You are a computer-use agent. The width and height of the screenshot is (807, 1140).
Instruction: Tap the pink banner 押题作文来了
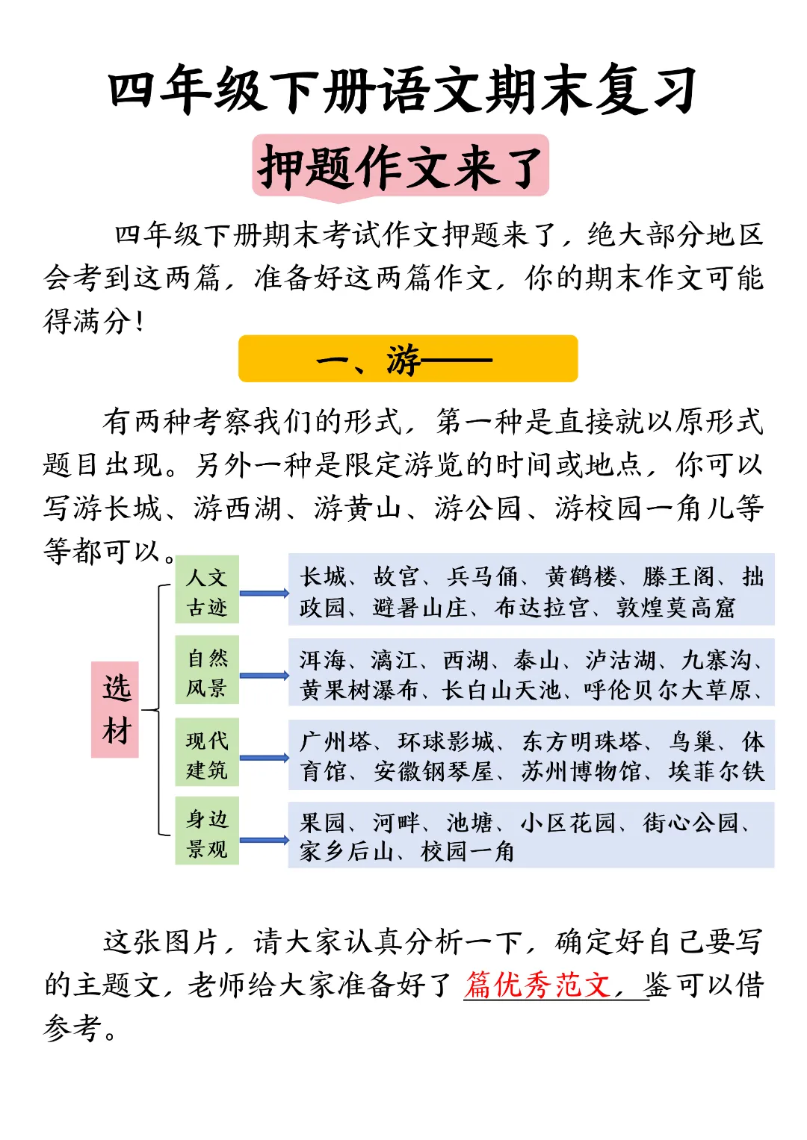[x=401, y=166]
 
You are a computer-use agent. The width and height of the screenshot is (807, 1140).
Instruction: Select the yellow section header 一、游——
[x=408, y=360]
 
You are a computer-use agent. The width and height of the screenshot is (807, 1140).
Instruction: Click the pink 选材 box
[x=116, y=709]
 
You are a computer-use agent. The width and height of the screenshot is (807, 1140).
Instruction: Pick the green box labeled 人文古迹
[x=207, y=591]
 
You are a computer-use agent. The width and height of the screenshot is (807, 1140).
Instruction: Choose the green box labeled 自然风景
[x=207, y=671]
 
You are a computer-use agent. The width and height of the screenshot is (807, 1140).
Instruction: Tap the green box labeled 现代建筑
[x=207, y=753]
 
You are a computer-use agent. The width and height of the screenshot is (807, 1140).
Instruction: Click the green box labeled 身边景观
[x=207, y=832]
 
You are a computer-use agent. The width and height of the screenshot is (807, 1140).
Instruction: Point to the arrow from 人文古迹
[x=264, y=594]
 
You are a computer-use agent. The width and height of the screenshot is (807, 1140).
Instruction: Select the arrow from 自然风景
[x=264, y=676]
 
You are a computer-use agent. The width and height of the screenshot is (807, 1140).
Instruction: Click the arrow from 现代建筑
[x=264, y=758]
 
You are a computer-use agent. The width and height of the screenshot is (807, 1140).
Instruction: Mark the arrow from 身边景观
[x=264, y=840]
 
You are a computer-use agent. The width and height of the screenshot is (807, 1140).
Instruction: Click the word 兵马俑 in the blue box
[x=483, y=576]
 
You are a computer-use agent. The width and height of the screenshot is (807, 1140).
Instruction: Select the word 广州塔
[x=336, y=741]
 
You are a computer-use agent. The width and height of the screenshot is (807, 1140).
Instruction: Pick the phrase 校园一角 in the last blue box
[x=468, y=851]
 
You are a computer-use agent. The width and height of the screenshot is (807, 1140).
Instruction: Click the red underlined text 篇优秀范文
[x=537, y=985]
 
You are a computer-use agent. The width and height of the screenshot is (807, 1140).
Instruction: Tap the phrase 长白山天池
[x=501, y=690]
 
